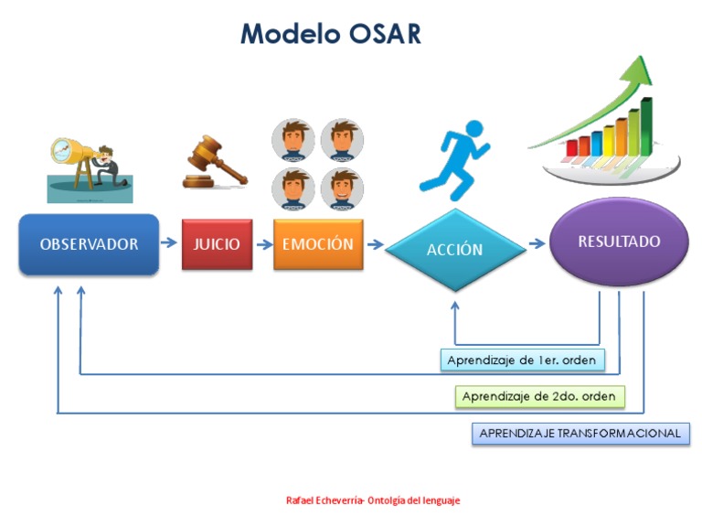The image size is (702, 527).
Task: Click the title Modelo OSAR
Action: click(x=330, y=34)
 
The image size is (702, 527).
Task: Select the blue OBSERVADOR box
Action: click(x=89, y=244)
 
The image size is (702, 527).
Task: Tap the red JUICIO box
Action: click(x=217, y=244)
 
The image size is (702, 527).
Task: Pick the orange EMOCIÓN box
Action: click(x=317, y=244)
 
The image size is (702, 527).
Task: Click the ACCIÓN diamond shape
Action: click(x=454, y=250)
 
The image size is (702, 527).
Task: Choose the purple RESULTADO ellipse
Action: click(x=618, y=242)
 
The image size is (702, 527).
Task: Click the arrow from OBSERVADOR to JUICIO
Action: click(x=169, y=243)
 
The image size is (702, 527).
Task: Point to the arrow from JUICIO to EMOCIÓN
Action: click(x=263, y=244)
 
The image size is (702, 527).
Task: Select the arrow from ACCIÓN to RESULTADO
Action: click(x=537, y=244)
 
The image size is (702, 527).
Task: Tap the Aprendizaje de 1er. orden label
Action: click(x=521, y=360)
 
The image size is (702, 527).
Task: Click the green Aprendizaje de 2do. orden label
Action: click(x=540, y=396)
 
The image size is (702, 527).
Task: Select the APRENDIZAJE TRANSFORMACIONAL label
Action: click(x=580, y=433)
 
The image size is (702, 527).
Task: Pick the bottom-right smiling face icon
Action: click(x=342, y=188)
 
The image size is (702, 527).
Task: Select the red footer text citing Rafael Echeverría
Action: click(x=373, y=500)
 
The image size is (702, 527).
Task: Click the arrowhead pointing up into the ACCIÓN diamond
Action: click(x=454, y=305)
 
